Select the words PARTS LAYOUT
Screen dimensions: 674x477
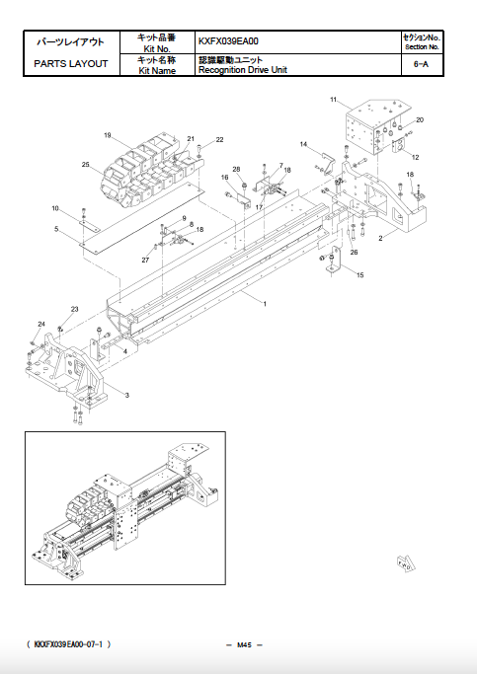tap(71, 64)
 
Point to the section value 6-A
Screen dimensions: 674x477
tap(422, 64)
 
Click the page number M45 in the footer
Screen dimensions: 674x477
tap(245, 644)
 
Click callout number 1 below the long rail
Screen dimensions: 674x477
tap(265, 304)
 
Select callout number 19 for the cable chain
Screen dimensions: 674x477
tap(107, 134)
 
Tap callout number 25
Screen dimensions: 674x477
tap(86, 164)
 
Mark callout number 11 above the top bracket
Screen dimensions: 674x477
tap(334, 100)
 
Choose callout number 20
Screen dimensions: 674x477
tap(420, 119)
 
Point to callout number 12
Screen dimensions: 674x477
tap(415, 157)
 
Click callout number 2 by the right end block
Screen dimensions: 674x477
tap(380, 239)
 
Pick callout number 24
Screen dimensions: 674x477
tap(41, 324)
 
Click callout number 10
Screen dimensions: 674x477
tap(56, 208)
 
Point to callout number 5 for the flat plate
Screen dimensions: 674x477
tap(57, 230)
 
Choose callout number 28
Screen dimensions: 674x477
tap(236, 170)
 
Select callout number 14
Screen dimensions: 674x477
tap(304, 145)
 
